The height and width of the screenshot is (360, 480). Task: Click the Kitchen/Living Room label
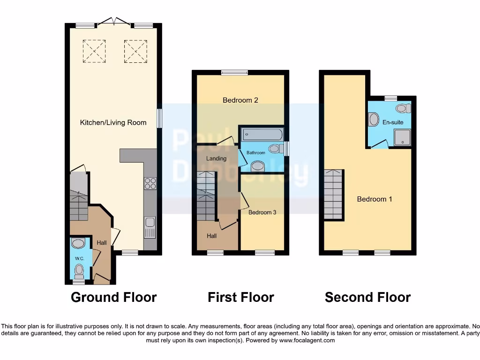[113, 123]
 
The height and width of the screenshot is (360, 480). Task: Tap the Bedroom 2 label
[240, 100]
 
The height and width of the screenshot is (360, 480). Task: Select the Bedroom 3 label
[262, 212]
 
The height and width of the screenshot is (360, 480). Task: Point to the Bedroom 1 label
[375, 199]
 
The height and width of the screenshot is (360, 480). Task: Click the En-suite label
[393, 123]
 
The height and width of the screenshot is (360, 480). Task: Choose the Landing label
[216, 158]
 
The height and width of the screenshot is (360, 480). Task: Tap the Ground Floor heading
[113, 297]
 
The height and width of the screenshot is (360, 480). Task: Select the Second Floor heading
[367, 297]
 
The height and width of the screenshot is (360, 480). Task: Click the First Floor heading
[241, 297]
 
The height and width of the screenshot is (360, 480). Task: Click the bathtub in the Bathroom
[262, 135]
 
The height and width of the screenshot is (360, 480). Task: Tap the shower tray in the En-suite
[402, 137]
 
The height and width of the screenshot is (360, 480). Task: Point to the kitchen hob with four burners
[150, 183]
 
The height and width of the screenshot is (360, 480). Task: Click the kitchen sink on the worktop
[150, 227]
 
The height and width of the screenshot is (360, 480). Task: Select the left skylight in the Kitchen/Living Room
[94, 51]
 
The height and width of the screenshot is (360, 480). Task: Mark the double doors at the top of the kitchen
[114, 22]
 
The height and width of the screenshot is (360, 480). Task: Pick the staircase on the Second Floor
[333, 194]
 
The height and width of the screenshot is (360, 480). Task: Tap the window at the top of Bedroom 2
[235, 73]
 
